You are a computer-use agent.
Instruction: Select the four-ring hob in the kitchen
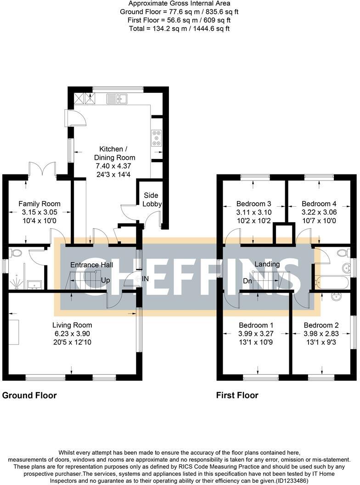pyautogui.click(x=157, y=138)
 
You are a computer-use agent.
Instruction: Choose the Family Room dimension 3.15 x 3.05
pyautogui.click(x=39, y=212)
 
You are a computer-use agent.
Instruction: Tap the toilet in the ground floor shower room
pyautogui.click(x=16, y=253)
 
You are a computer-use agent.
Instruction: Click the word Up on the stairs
pyautogui.click(x=106, y=280)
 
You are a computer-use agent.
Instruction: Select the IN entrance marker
pyautogui.click(x=146, y=279)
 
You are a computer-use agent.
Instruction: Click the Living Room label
pyautogui.click(x=72, y=325)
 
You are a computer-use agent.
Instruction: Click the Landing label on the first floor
pyautogui.click(x=267, y=264)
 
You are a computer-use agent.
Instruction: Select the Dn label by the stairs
pyautogui.click(x=247, y=281)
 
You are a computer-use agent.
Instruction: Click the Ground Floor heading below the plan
pyautogui.click(x=30, y=395)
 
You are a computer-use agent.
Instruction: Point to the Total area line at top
pyautogui.click(x=179, y=28)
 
